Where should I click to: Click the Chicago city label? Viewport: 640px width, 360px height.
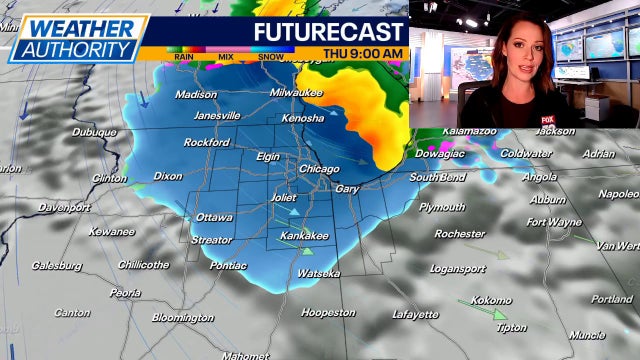click(319, 169)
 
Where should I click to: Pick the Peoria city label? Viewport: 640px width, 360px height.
click(125, 293)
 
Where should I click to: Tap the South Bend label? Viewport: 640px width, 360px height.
click(437, 177)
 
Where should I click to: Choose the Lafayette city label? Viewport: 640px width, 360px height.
click(415, 314)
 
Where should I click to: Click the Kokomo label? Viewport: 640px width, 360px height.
click(490, 300)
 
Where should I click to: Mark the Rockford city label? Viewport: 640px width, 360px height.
click(207, 142)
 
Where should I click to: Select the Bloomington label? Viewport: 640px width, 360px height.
click(182, 318)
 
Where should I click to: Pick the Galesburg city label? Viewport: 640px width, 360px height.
click(57, 266)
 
